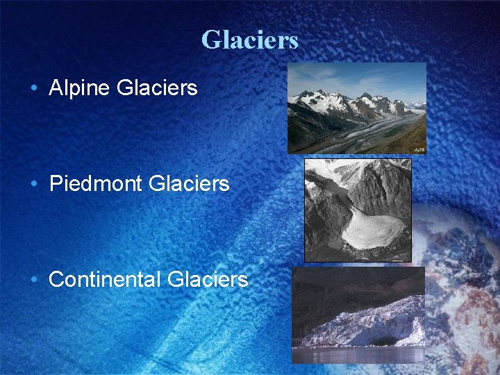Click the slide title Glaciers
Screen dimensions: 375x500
[249, 40]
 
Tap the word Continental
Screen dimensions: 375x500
[106, 279]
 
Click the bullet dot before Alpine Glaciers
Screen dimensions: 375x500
[33, 89]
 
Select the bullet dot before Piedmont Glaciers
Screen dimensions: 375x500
[33, 185]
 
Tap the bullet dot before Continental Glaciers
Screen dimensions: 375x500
[33, 280]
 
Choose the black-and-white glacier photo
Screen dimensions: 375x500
[358, 210]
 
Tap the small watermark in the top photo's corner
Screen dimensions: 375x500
[418, 149]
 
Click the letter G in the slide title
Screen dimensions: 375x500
[210, 40]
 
